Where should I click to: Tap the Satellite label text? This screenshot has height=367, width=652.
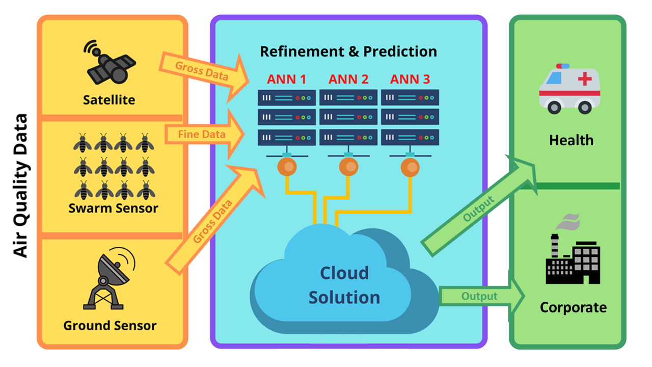(109, 100)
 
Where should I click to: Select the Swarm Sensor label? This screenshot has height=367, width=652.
(114, 208)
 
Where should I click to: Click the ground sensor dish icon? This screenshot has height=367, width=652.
(109, 278)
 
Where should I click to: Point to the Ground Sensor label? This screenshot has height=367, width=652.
(110, 325)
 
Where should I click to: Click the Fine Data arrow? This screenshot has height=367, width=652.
(204, 134)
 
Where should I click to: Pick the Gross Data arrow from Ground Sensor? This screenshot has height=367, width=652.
(215, 220)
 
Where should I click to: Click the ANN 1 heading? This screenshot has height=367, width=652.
(286, 79)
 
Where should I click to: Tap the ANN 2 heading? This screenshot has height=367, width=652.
(348, 79)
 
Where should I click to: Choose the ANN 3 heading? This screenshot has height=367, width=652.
(410, 79)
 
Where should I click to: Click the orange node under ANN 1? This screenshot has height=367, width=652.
(287, 167)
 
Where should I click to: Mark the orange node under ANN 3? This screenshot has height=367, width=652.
(410, 168)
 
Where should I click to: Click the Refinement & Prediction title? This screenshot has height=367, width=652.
(348, 51)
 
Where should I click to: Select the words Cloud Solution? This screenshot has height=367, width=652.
(344, 285)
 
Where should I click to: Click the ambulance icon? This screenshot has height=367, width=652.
(569, 89)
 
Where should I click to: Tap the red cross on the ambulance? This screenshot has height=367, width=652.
(585, 78)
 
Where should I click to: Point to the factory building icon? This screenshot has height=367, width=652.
(573, 249)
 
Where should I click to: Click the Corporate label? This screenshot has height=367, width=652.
(573, 307)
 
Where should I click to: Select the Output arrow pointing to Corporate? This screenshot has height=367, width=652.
(482, 296)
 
